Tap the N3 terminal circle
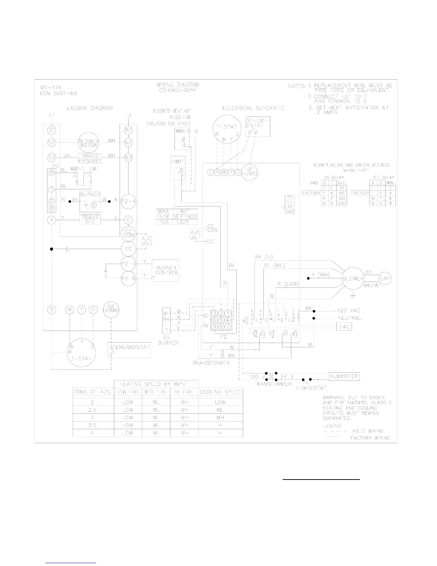129,157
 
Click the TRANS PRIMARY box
90,158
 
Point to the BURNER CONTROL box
166,270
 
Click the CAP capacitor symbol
385,279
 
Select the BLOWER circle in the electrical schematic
353,279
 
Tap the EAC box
345,327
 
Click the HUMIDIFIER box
343,376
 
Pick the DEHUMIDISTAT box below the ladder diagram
129,350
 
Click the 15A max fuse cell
164,222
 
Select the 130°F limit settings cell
185,222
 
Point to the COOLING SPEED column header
220,392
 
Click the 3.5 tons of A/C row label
93,425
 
